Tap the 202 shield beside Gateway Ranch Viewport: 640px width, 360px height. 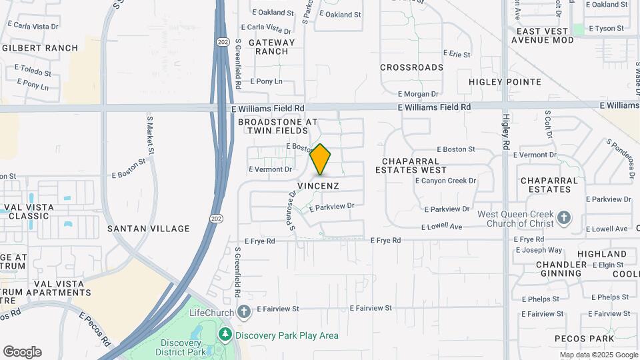222,42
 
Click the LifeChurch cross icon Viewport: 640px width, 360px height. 244,312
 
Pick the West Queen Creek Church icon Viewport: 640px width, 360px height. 564,218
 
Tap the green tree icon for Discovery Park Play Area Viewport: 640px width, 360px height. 226,335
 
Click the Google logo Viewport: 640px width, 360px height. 22,352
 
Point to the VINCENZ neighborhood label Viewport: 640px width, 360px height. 318,185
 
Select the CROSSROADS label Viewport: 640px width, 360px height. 411,67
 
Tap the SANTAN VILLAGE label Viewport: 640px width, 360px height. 149,229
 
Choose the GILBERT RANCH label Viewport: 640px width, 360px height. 40,48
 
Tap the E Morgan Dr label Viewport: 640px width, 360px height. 418,95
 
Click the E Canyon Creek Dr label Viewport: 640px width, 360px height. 445,181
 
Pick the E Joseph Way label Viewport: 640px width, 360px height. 543,250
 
